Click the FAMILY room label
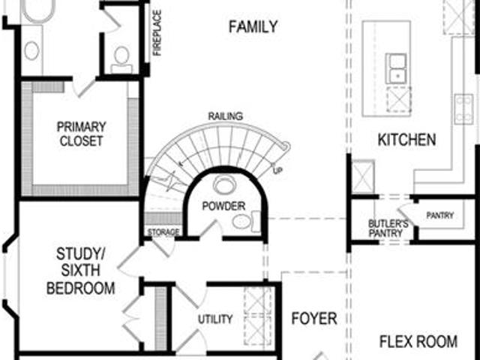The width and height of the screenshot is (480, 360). point(253,27)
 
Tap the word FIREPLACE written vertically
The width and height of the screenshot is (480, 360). point(157,33)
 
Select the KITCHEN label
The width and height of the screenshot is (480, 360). point(406,139)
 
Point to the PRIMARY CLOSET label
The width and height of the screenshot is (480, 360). point(81,133)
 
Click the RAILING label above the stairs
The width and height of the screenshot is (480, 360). point(226,116)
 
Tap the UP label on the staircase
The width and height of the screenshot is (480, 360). point(277,169)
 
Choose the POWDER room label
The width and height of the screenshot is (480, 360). point(223,206)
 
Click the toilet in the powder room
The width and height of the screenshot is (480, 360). point(246,221)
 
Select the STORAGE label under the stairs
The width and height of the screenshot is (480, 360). point(163,232)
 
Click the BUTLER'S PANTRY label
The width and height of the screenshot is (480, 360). point(388,228)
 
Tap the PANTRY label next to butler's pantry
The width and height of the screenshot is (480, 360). point(440,215)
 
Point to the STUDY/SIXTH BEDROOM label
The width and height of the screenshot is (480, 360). point(80,271)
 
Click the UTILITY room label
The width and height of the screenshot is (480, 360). point(215,319)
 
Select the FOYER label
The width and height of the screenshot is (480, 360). point(314,318)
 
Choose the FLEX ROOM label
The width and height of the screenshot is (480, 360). point(418,341)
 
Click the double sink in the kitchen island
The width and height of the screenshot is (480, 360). point(396,68)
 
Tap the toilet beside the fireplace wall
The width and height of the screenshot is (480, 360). point(121,60)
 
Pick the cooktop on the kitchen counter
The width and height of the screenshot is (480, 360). point(463,109)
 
